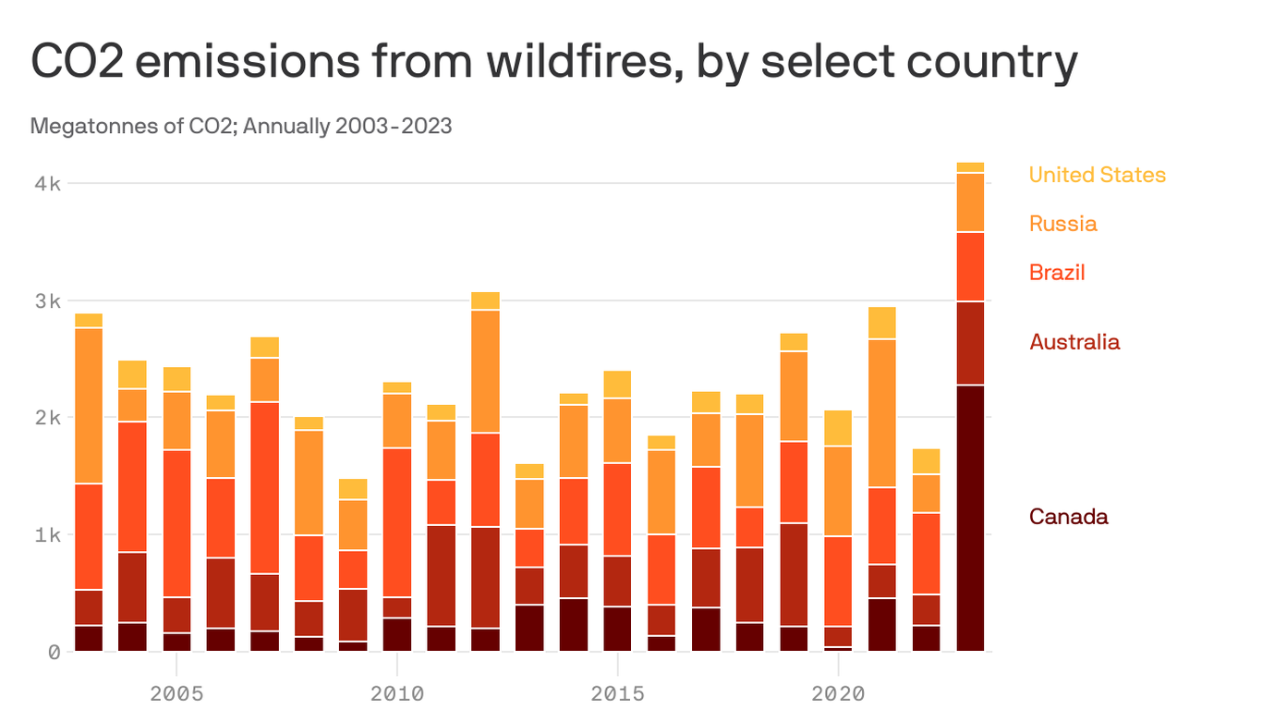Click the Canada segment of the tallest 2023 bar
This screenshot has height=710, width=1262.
pyautogui.click(x=969, y=518)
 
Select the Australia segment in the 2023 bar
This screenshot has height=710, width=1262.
pyautogui.click(x=969, y=343)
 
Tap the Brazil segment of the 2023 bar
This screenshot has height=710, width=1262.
pyautogui.click(x=969, y=266)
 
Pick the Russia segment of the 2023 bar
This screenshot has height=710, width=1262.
pyautogui.click(x=969, y=202)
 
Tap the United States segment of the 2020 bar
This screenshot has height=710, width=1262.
pyautogui.click(x=838, y=428)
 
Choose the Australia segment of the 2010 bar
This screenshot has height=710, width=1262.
pyautogui.click(x=397, y=607)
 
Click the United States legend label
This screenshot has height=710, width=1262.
pyautogui.click(x=1097, y=175)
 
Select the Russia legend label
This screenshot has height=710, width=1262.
pyautogui.click(x=1062, y=224)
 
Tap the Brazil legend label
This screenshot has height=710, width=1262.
pyautogui.click(x=1057, y=273)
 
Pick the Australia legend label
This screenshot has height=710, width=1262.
pyautogui.click(x=1074, y=342)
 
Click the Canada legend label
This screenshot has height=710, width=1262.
pyautogui.click(x=1068, y=517)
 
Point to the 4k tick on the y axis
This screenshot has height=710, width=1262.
pyautogui.click(x=48, y=183)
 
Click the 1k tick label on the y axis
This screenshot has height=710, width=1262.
pyautogui.click(x=48, y=535)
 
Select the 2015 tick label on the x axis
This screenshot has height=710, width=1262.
pyautogui.click(x=617, y=693)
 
